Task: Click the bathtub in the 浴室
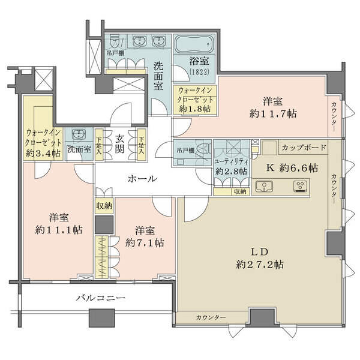[x=194, y=44]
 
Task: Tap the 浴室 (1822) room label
[x=199, y=66]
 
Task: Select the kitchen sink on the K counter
[x=264, y=186]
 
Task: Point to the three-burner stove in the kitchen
[x=301, y=186]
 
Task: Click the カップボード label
[x=304, y=147]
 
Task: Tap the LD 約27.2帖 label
[x=260, y=258]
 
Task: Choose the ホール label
[x=142, y=178]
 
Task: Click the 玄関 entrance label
[x=119, y=144]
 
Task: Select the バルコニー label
[x=101, y=298]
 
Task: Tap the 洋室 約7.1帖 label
[x=145, y=236]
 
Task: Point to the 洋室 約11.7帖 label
[x=273, y=107]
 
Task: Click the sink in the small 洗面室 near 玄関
[x=79, y=134]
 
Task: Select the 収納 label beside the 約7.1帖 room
[x=104, y=206]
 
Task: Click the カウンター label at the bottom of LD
[x=211, y=317]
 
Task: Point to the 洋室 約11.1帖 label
[x=59, y=223]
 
